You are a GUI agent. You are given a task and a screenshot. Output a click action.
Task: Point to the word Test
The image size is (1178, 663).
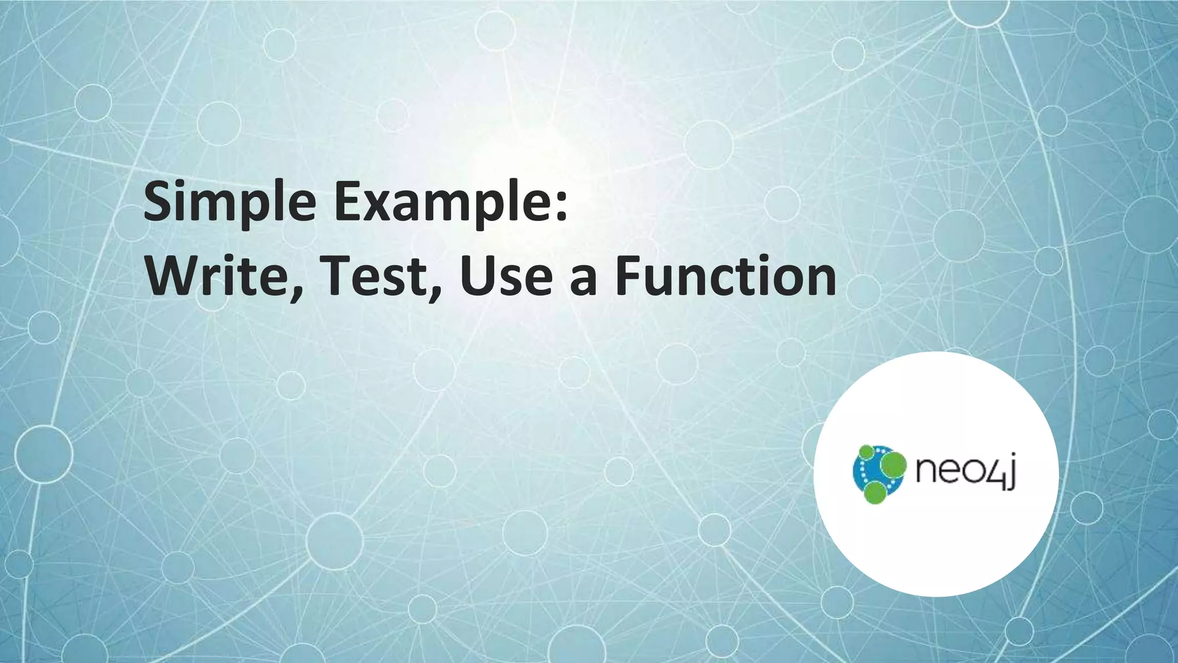374,276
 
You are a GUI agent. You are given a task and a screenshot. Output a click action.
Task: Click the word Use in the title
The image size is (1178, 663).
506,276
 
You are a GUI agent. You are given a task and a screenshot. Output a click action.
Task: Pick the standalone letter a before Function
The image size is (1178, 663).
583,282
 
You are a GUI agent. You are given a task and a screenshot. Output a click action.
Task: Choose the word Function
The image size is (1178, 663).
726,276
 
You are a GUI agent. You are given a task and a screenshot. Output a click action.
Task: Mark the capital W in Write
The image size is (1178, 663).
172,276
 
